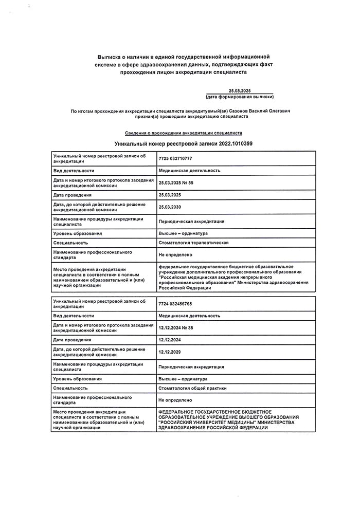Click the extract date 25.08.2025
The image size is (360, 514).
(x=239, y=90)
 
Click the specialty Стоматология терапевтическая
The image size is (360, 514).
(x=193, y=243)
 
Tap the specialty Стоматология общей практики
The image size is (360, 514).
(x=192, y=388)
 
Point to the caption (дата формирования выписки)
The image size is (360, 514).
(x=239, y=97)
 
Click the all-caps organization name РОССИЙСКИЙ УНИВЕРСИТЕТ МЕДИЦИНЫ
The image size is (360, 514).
(x=207, y=423)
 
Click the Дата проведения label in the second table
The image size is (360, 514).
(x=72, y=340)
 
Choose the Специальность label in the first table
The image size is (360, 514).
(x=70, y=243)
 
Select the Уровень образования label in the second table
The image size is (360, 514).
(x=77, y=378)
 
